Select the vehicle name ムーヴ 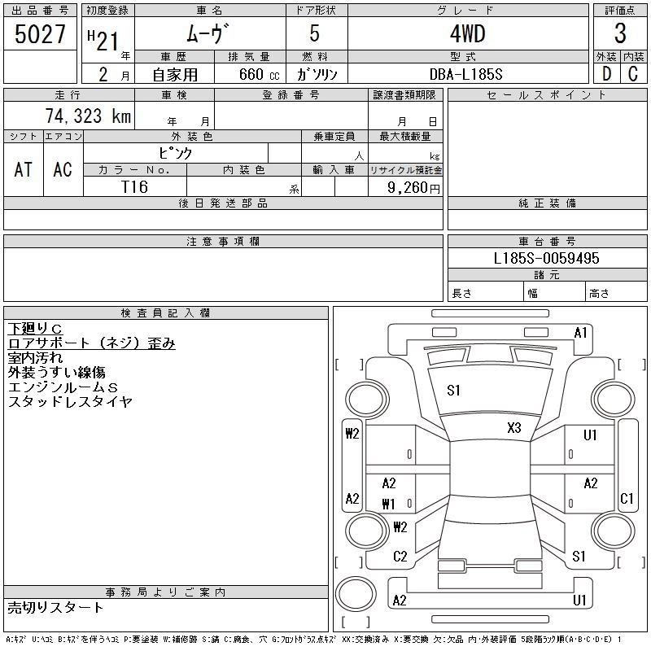[209, 35]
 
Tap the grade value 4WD [467, 35]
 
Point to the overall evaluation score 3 [620, 35]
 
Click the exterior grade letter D [606, 74]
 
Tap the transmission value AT [24, 169]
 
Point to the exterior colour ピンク [175, 152]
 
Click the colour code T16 [134, 186]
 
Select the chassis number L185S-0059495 [547, 258]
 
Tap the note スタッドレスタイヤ [70, 401]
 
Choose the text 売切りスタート [55, 607]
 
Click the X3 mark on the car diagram [513, 427]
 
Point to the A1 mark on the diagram [580, 332]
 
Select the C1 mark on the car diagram [627, 498]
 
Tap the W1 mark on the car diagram [388, 504]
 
